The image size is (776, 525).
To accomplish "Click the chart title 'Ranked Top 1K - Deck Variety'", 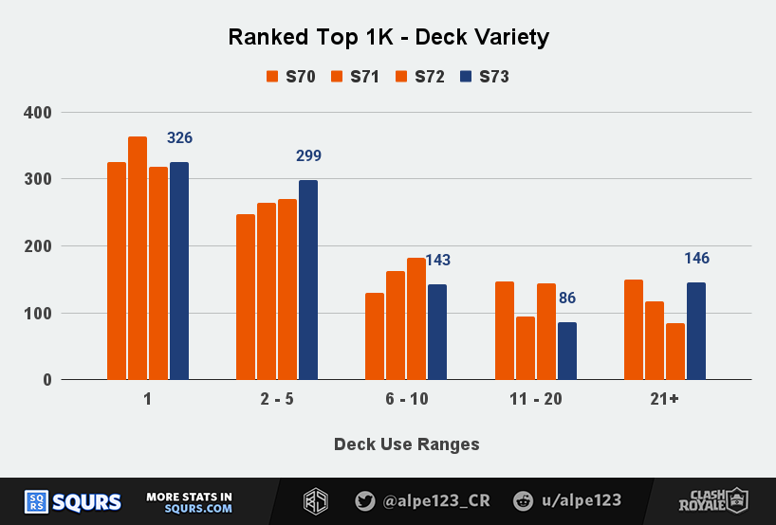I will coord(388,38).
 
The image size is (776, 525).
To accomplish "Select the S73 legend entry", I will coord(485,77).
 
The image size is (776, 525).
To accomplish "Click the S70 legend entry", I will coord(291,77).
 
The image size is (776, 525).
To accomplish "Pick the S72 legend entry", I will coord(420,77).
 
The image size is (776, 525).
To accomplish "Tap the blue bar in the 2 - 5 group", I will coord(308,281).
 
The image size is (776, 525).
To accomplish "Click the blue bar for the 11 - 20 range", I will coord(566,352).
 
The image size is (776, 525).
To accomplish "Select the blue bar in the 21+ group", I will coord(695,332).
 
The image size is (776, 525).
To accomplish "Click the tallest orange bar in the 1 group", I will coord(138,259).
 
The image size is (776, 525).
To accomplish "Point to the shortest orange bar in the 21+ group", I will coord(674,352).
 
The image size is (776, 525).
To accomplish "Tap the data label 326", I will coord(179,138).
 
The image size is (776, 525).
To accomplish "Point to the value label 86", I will coord(566,299).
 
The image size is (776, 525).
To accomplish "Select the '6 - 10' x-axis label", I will coord(406,400).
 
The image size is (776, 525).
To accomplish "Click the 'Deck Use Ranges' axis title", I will coord(406,444).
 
